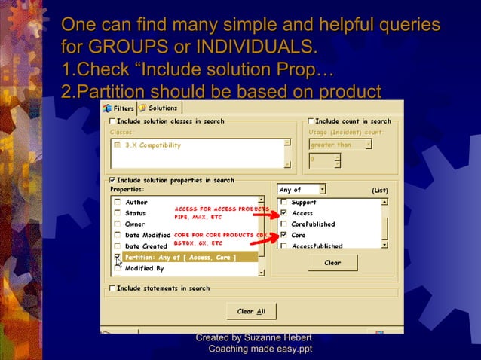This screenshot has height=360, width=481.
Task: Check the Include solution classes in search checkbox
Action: (113, 121)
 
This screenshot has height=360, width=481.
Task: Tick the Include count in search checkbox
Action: (311, 121)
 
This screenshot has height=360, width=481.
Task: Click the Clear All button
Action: (251, 311)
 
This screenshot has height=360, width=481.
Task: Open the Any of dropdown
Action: (302, 190)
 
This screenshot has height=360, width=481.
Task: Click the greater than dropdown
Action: (340, 145)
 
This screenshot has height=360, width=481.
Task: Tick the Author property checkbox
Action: (117, 202)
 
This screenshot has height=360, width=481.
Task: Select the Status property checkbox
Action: (117, 213)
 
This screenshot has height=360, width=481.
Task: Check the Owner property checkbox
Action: (117, 224)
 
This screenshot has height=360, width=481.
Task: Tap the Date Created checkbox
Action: (117, 246)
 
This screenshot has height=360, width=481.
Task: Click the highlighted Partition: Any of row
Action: (181, 258)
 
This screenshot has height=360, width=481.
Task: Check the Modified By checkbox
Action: (117, 268)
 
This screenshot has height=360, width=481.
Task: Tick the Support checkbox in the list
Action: (283, 202)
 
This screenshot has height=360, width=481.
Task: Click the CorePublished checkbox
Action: (283, 224)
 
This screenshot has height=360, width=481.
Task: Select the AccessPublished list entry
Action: (317, 246)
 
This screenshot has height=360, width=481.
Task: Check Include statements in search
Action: (113, 288)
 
